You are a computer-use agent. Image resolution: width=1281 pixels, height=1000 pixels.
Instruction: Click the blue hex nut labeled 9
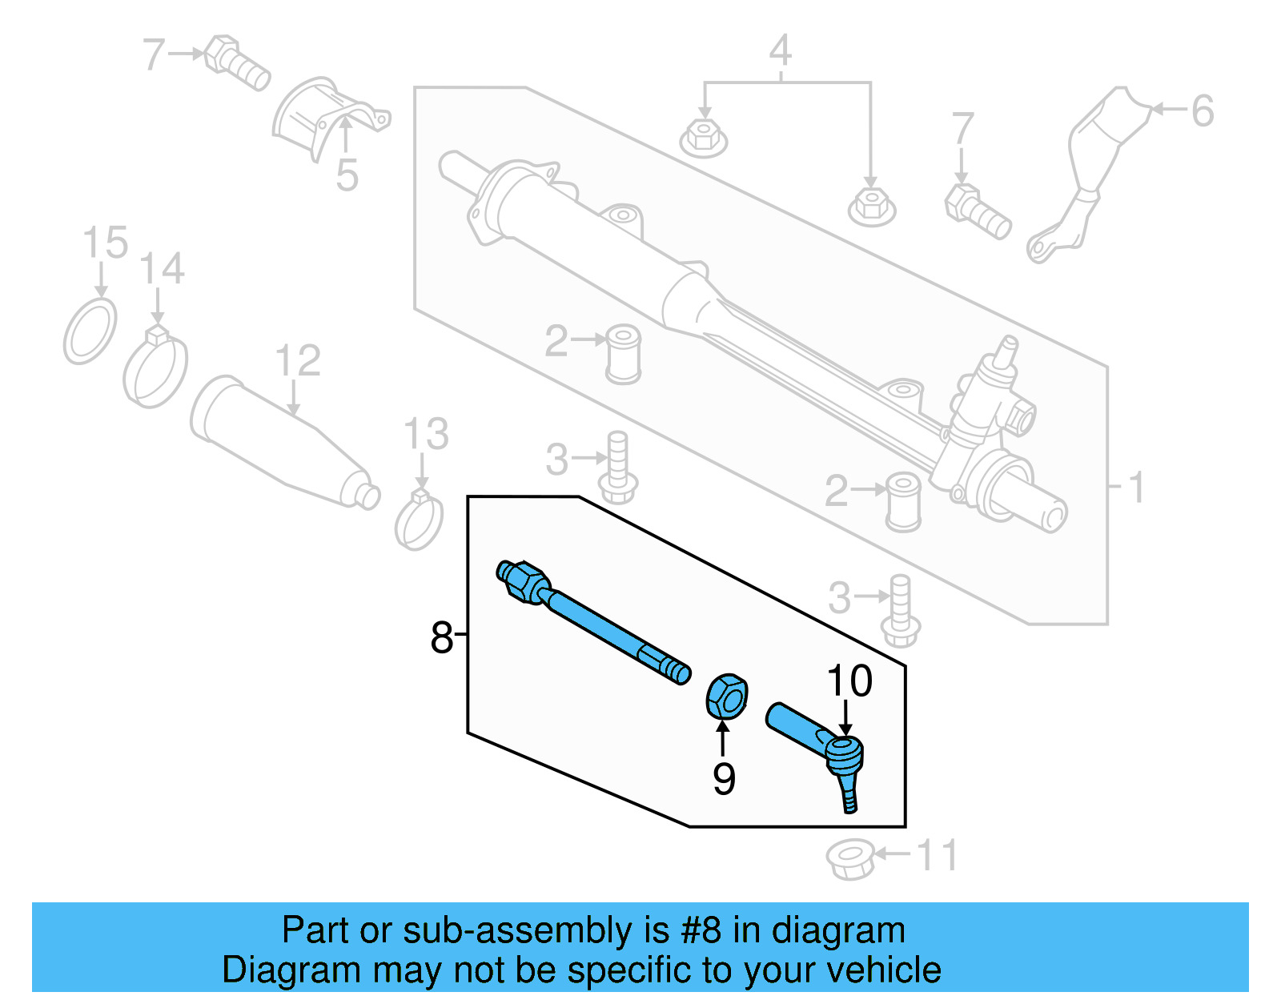click(727, 695)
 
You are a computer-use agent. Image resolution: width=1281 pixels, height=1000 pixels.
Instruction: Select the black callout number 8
click(441, 638)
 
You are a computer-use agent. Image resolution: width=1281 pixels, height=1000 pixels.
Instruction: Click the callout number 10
click(849, 681)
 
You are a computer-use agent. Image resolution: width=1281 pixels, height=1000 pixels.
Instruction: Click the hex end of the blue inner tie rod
click(523, 580)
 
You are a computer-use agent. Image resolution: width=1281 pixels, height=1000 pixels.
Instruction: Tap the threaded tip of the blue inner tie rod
click(677, 671)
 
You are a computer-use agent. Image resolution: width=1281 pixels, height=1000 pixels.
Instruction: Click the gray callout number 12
click(298, 361)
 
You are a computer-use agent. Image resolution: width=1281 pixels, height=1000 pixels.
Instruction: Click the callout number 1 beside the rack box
click(1135, 487)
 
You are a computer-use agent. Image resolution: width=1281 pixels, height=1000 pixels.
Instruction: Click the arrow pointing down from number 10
click(845, 717)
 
